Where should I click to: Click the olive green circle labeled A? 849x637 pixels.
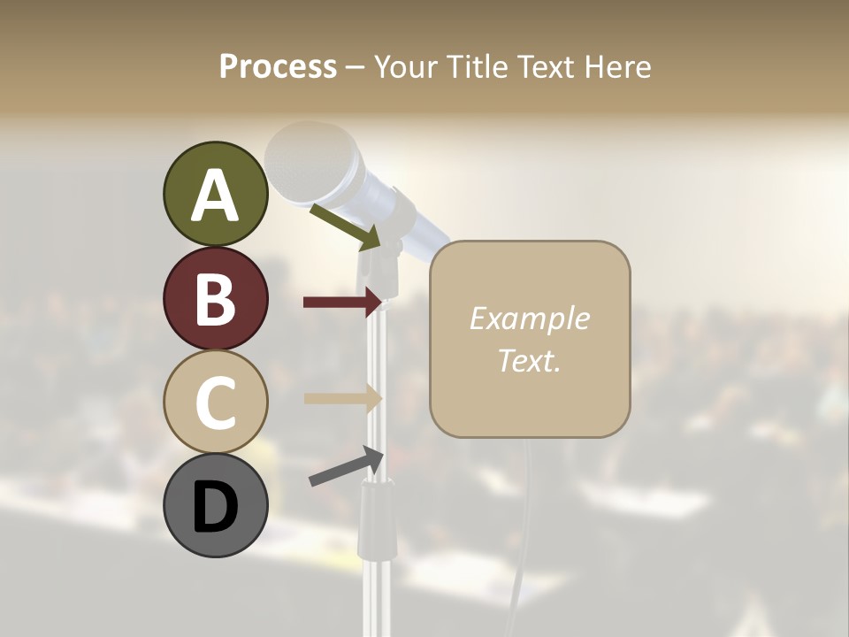click(x=215, y=194)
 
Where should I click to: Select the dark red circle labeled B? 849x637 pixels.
click(x=215, y=298)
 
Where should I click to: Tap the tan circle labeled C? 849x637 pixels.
click(x=215, y=402)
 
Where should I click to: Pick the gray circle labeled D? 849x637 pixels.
click(x=215, y=505)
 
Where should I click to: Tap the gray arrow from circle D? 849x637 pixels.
click(x=346, y=466)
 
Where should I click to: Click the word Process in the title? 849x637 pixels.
click(x=278, y=66)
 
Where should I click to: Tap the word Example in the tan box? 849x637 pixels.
click(x=529, y=318)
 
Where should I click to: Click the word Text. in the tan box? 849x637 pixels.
click(x=529, y=360)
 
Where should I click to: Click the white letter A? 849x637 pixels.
click(x=215, y=196)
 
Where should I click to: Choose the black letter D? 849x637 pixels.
click(x=215, y=507)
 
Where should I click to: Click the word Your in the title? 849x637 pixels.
click(x=407, y=66)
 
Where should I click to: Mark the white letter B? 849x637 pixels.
click(x=215, y=299)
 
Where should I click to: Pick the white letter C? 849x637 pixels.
click(x=215, y=403)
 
